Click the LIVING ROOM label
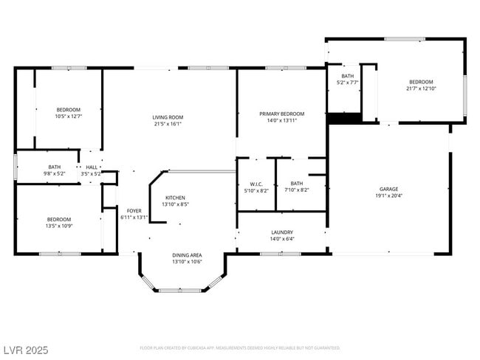[x=168, y=117]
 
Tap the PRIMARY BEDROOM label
[x=281, y=114]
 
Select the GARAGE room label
[x=388, y=190]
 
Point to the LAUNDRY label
[x=282, y=232]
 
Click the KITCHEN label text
[x=175, y=198]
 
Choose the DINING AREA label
[x=187, y=255]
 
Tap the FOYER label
[x=134, y=211]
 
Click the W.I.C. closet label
[x=256, y=184]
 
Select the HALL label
[x=92, y=167]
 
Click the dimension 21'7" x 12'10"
[x=421, y=89]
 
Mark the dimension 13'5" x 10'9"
[x=59, y=226]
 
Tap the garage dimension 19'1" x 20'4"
[x=388, y=196]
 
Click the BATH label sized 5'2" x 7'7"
[x=347, y=76]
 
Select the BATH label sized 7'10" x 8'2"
[x=296, y=184]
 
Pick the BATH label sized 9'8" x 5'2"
[x=55, y=167]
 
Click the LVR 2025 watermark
[x=26, y=347]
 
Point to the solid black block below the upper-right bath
[x=343, y=118]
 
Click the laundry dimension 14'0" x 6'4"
[x=282, y=239]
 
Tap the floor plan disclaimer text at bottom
[x=239, y=347]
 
